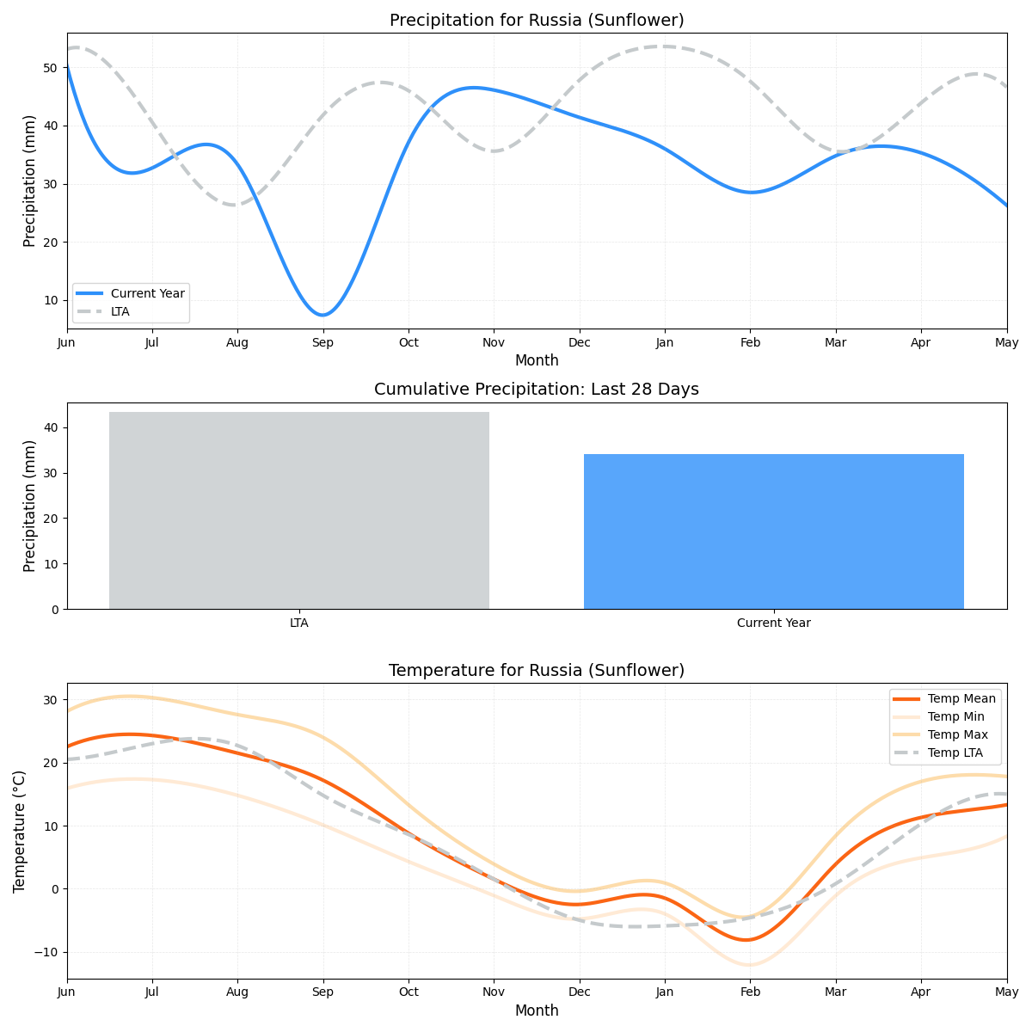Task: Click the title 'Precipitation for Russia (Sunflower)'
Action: pos(537,20)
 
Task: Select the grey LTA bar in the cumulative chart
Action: pos(299,510)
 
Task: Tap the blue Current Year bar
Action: pos(773,531)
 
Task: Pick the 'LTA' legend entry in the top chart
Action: pos(120,311)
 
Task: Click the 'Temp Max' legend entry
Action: pos(957,734)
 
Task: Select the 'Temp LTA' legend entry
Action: pos(957,752)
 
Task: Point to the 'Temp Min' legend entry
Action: pos(956,716)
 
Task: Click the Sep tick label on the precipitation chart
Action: pos(322,342)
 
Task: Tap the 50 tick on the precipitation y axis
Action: pos(51,68)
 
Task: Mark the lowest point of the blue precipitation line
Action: pos(322,315)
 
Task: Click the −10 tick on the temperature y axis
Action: pos(45,952)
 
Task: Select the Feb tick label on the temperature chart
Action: pos(750,992)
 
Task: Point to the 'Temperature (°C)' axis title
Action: pos(19,831)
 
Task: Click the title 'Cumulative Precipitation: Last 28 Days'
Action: pos(537,390)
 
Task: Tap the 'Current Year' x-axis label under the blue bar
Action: pos(773,623)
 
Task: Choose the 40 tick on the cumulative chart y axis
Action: pos(51,428)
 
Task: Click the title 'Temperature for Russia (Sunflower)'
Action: pos(537,670)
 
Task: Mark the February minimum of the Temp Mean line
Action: pos(746,940)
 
